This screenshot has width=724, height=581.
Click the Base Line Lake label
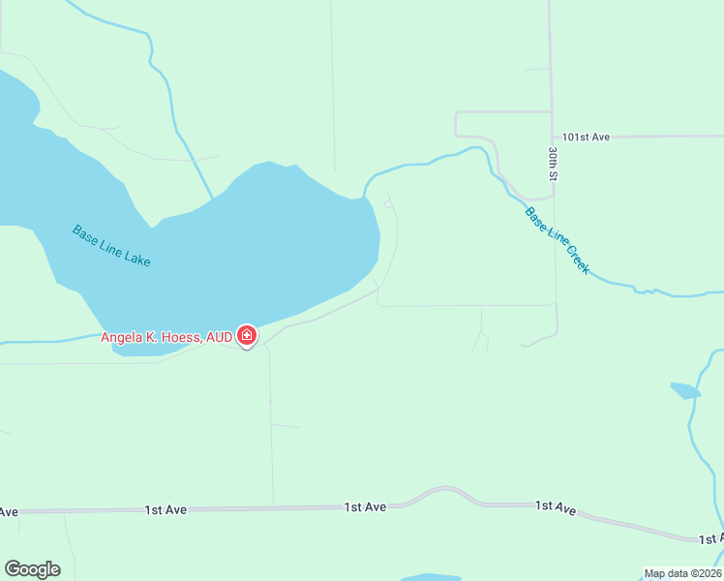(x=111, y=246)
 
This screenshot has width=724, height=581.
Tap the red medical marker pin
(x=247, y=336)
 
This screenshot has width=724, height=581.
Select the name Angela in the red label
(x=123, y=337)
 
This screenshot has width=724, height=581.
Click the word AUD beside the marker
(x=220, y=337)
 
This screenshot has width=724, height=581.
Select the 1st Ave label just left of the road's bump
(x=365, y=506)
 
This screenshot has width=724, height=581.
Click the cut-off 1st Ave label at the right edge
(x=710, y=537)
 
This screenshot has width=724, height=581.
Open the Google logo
(x=32, y=569)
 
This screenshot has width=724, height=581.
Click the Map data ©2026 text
(x=682, y=573)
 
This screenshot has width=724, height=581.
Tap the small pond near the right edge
(x=684, y=390)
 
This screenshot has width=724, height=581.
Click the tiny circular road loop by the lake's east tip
(x=388, y=204)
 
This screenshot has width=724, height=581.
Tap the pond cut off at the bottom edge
(x=431, y=577)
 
